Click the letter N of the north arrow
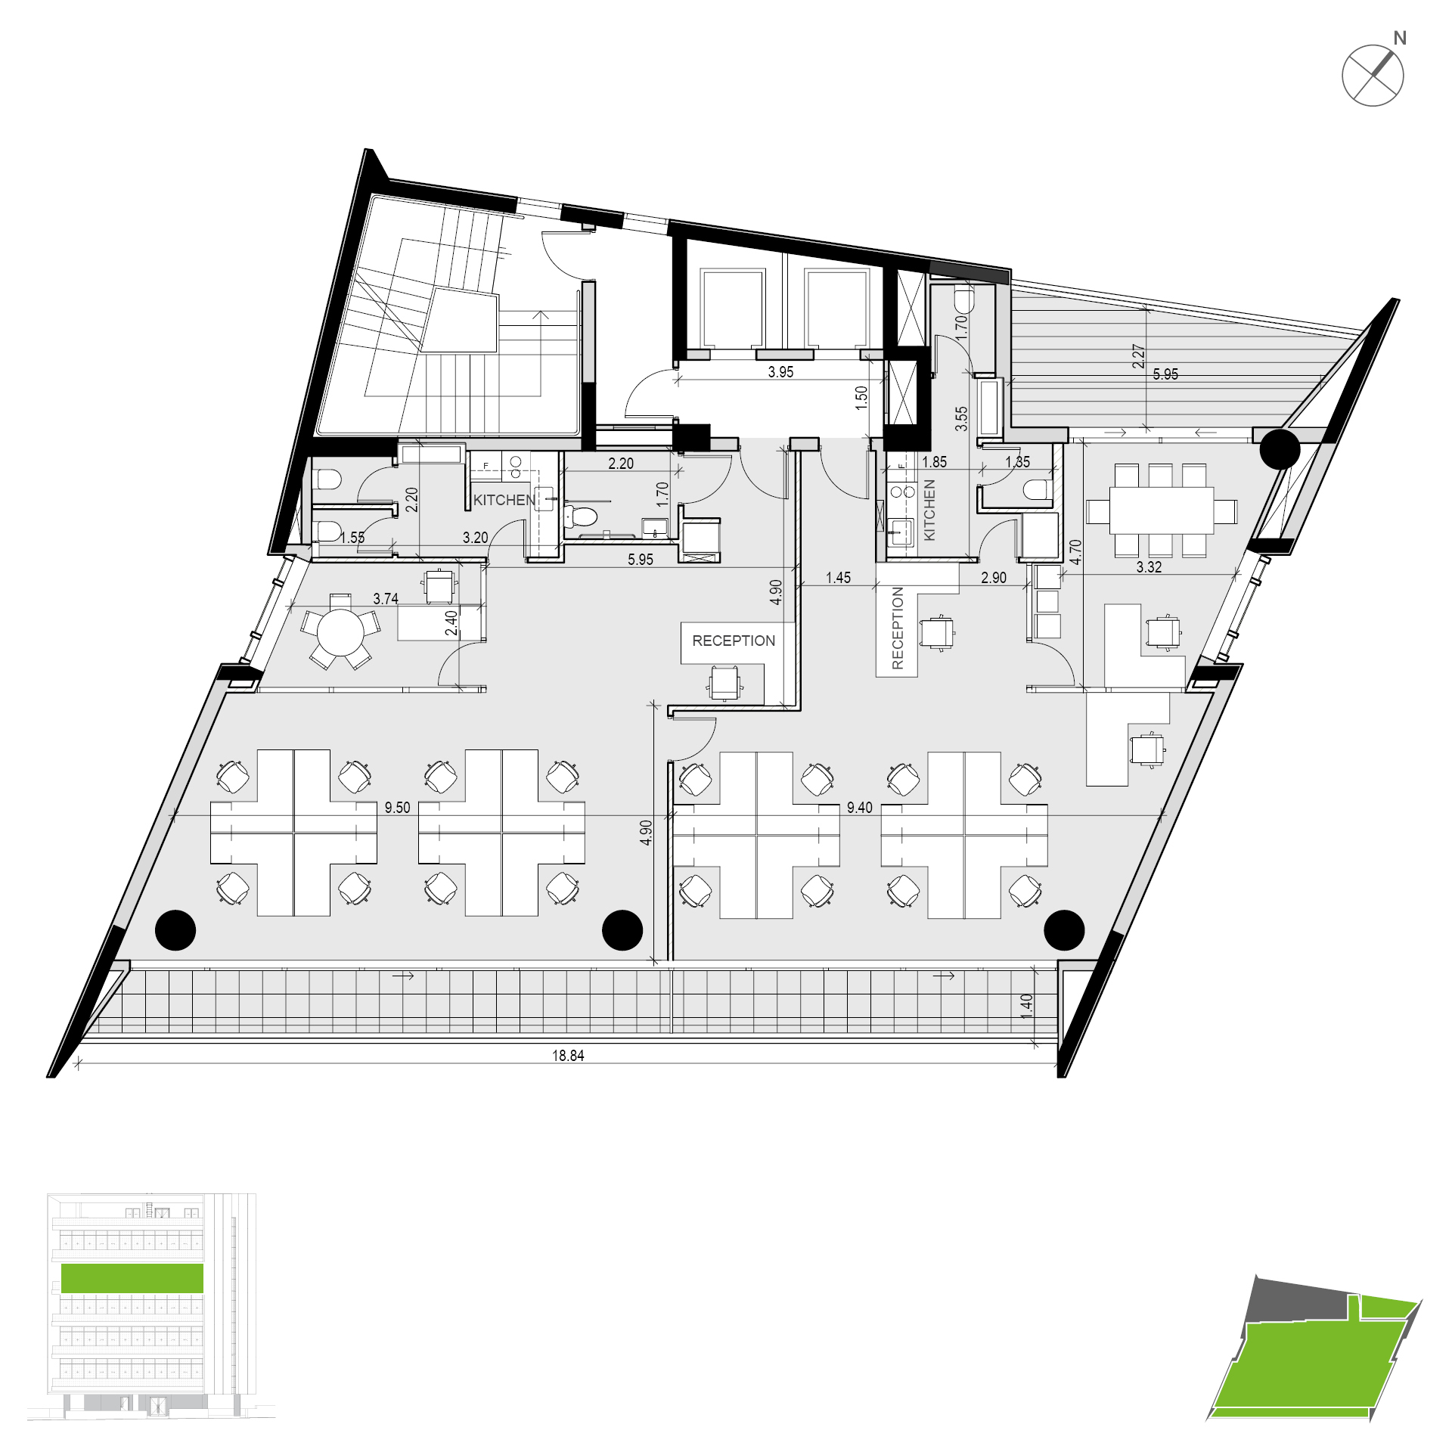[1400, 38]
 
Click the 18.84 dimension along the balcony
[568, 1056]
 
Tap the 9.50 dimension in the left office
[397, 808]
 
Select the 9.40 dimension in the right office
[860, 808]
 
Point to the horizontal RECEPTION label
[734, 641]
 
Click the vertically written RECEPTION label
[898, 628]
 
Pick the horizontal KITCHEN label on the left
[504, 500]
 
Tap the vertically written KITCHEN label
[929, 510]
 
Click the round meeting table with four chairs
[340, 632]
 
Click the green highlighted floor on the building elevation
[132, 1278]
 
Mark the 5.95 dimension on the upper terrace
[1165, 374]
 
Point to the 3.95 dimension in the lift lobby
[780, 372]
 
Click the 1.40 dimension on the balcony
[1026, 1007]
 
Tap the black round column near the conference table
[1280, 449]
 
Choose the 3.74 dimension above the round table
[386, 599]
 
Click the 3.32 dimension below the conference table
[1149, 567]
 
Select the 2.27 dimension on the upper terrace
[1138, 356]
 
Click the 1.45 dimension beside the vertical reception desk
[838, 578]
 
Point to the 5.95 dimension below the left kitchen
[641, 560]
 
